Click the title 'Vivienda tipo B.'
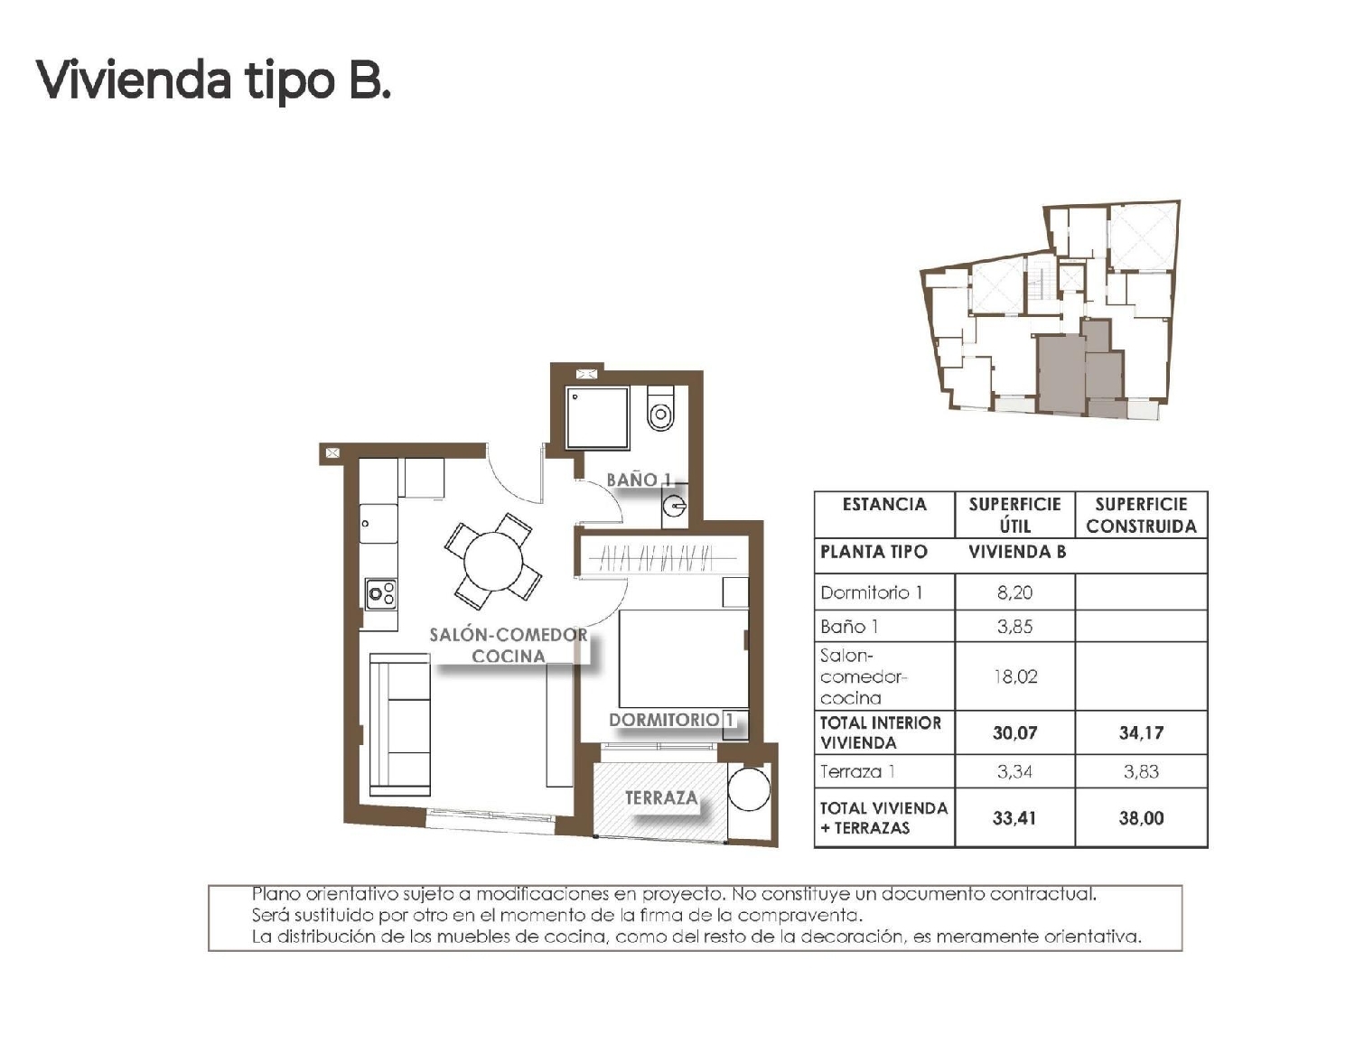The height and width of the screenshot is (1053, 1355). pos(213,80)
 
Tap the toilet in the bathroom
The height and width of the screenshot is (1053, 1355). pos(661,409)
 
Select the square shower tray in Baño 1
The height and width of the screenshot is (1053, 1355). pos(597,416)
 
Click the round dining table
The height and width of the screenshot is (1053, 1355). pos(493,560)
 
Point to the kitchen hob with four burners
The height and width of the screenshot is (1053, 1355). pos(381,593)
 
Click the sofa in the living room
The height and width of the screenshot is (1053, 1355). pos(398,724)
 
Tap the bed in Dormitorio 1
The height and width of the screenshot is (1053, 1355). pos(683,658)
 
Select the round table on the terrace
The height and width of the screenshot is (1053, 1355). pos(749,789)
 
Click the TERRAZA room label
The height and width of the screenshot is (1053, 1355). pos(661,797)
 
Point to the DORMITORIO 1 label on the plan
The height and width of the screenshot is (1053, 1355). pos(671,720)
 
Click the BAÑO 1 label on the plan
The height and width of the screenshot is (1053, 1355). pos(639,480)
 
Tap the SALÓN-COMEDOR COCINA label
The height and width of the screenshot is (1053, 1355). pos(508,646)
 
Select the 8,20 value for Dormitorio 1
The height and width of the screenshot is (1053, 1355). pos(1014,592)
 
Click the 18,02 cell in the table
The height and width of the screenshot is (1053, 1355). pos(1014,676)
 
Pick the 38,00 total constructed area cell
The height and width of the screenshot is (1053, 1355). pos(1141,818)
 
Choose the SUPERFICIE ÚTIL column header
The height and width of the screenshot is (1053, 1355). pos(1014,515)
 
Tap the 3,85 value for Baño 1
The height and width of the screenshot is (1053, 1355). pos(1014,626)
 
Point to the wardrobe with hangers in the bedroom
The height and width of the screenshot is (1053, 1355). pos(660,560)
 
